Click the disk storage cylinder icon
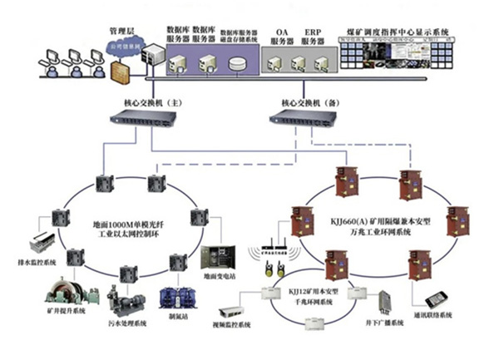[x=238, y=65]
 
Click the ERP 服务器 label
[x=313, y=37]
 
